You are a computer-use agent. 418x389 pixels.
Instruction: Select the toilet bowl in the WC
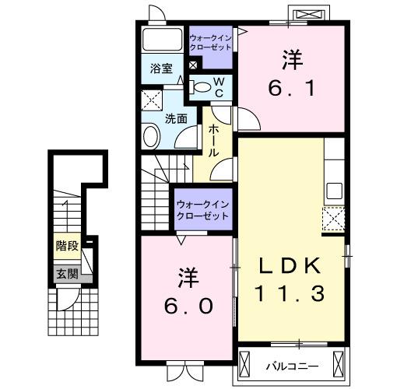click(x=202, y=87)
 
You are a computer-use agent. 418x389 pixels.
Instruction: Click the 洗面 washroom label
click(x=176, y=118)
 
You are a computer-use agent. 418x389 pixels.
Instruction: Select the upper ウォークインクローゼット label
click(x=210, y=41)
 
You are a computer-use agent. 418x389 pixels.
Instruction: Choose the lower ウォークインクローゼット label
click(x=202, y=210)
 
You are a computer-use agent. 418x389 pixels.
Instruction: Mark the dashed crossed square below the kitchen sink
click(x=334, y=220)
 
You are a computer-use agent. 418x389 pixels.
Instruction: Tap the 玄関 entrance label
click(x=66, y=273)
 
